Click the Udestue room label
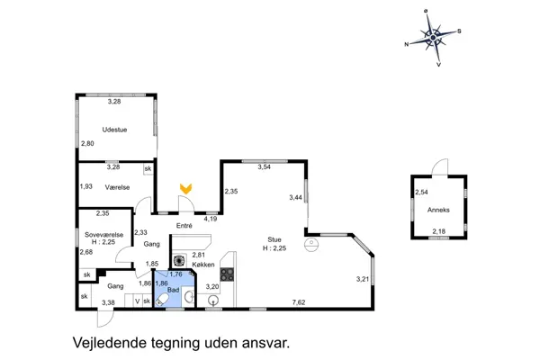click(114, 130)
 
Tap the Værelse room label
click(117, 186)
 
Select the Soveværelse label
click(97, 235)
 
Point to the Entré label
click(184, 225)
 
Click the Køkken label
click(202, 265)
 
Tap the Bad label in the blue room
click(173, 290)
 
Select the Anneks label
click(438, 211)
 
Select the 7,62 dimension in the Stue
click(298, 301)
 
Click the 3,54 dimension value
click(264, 167)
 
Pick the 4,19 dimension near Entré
click(211, 218)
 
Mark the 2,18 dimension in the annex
click(438, 231)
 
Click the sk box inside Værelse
click(148, 168)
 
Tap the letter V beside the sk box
click(137, 301)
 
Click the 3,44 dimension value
click(295, 197)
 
